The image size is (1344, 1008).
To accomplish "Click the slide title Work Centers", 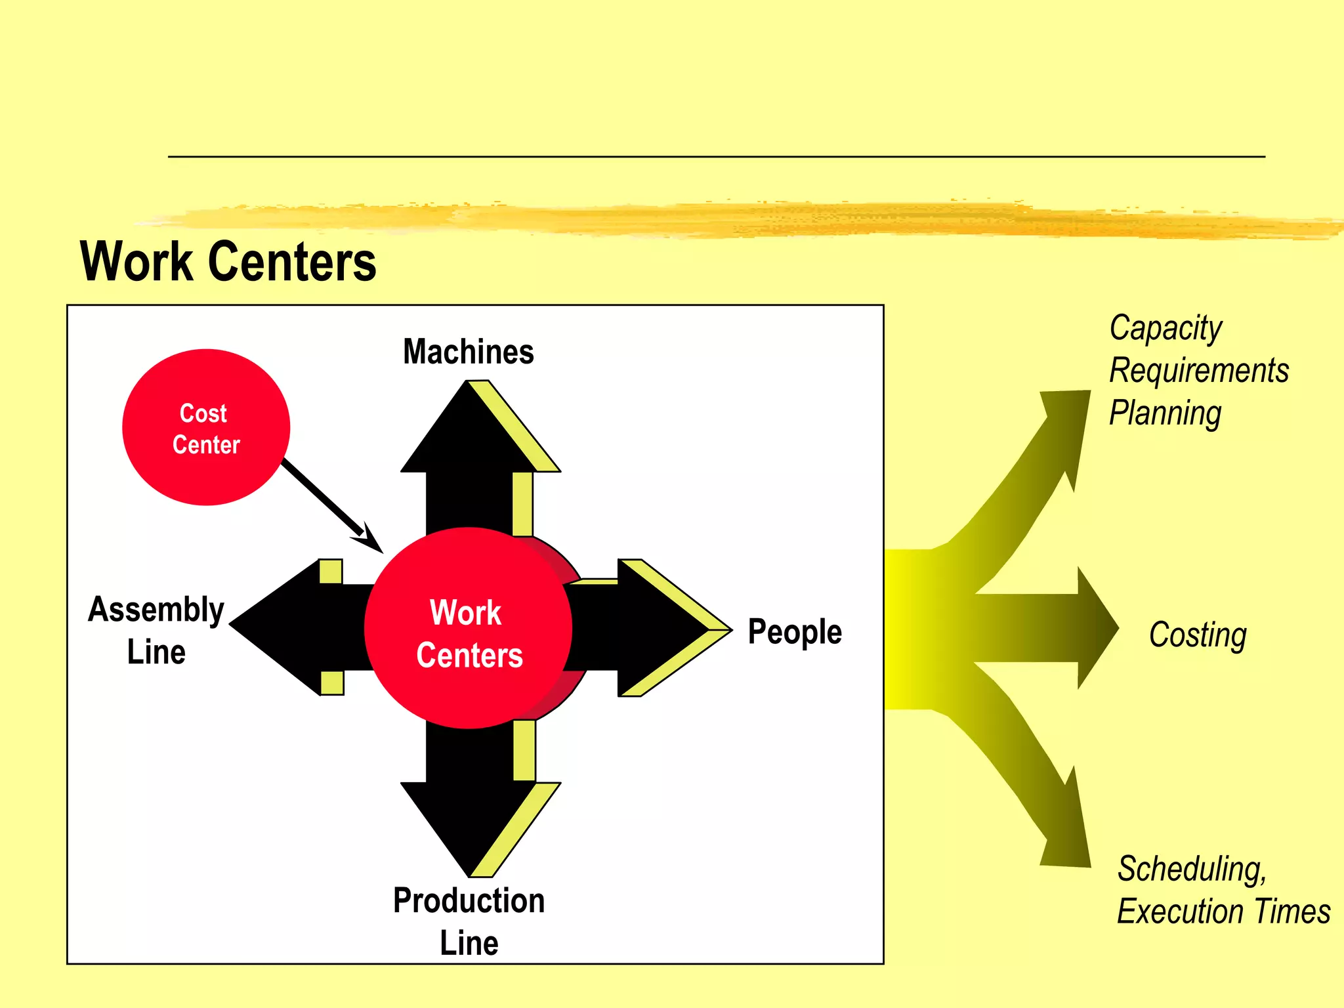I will [x=228, y=262].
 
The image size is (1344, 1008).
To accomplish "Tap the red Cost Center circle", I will [x=205, y=428].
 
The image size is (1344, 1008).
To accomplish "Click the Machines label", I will [x=468, y=352].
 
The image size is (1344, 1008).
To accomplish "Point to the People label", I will [x=795, y=632].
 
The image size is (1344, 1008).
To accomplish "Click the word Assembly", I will [x=156, y=610].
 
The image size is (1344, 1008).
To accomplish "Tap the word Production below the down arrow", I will [x=469, y=900].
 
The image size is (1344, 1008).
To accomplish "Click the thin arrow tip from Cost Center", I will [x=371, y=542].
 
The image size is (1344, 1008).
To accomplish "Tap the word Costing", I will [x=1198, y=635].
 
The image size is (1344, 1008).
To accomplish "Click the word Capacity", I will [x=1165, y=328].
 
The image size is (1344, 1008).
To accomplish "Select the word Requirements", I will [x=1199, y=371].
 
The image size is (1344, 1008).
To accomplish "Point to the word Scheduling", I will [x=1192, y=869].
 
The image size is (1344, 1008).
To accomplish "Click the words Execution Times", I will [x=1223, y=912].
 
